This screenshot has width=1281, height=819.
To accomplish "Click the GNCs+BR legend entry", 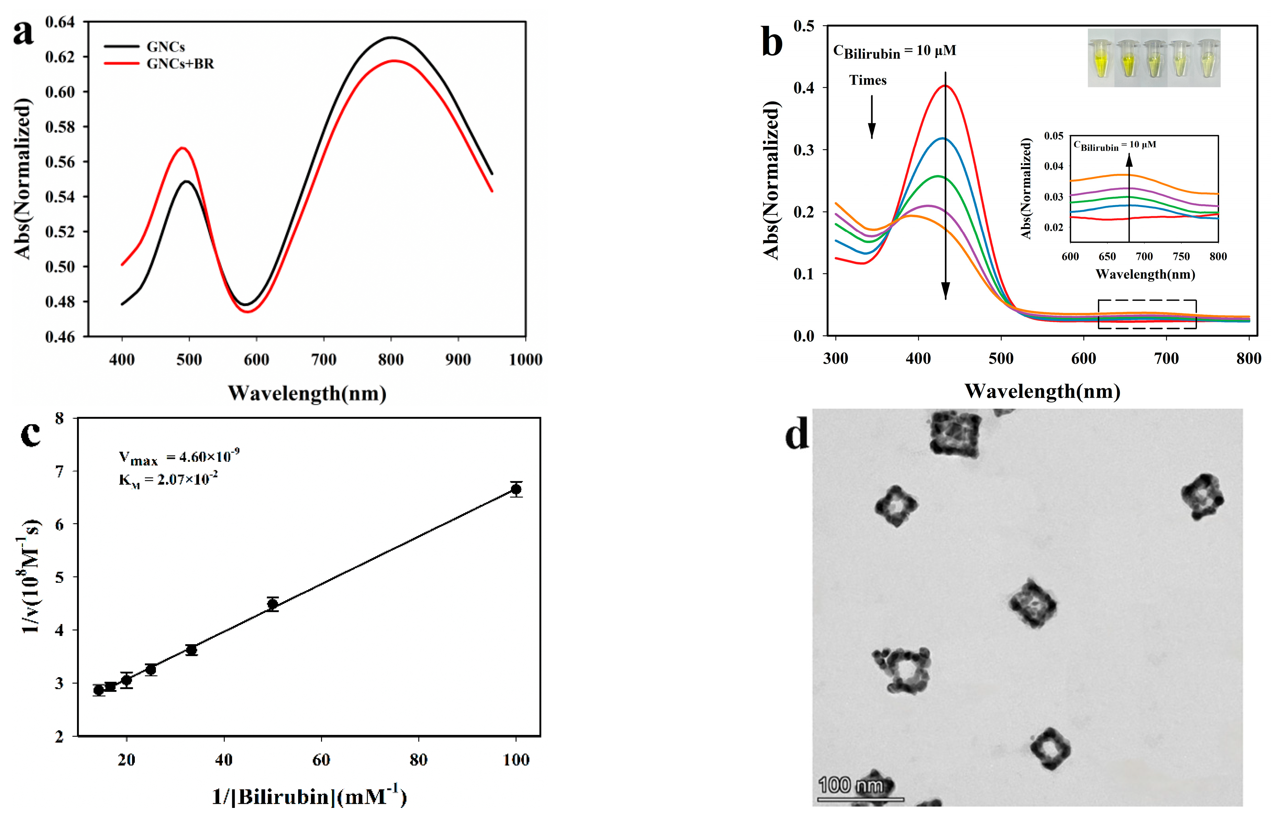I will pyautogui.click(x=180, y=64).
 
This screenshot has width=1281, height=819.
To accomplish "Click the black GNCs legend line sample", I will pyautogui.click(x=122, y=47).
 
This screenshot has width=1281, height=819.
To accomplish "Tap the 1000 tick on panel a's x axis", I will pyautogui.click(x=525, y=360).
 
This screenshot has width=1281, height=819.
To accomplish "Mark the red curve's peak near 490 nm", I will pyautogui.click(x=183, y=148).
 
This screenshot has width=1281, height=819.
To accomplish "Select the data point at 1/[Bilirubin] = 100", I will pyautogui.click(x=516, y=489).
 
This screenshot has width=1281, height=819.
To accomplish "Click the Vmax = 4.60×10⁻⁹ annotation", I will pyautogui.click(x=179, y=456).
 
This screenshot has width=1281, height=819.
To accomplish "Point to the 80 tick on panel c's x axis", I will pyautogui.click(x=418, y=760).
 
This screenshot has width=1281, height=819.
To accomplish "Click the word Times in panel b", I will pyautogui.click(x=868, y=80).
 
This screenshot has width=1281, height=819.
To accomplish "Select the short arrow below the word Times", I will pyautogui.click(x=871, y=117).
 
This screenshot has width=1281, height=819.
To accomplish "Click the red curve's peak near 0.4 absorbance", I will pyautogui.click(x=945, y=86).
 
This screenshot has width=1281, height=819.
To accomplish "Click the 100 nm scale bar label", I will pyautogui.click(x=850, y=785).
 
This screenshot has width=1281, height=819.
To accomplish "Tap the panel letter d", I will pyautogui.click(x=797, y=434).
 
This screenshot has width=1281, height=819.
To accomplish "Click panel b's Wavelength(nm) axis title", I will pyautogui.click(x=1042, y=392).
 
